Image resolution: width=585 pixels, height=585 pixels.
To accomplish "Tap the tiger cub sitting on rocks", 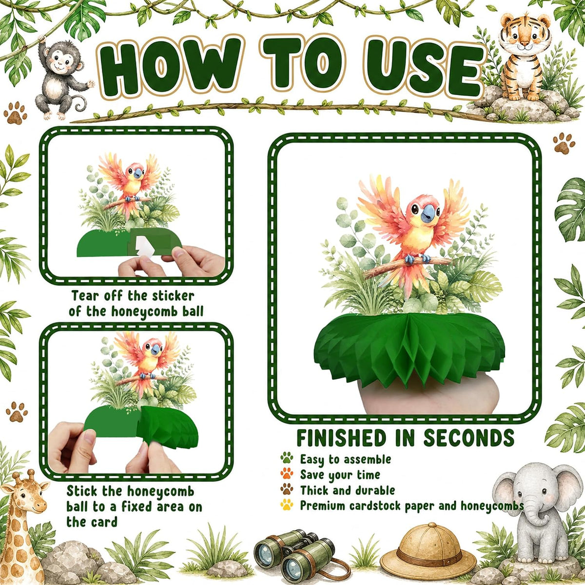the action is [524, 58].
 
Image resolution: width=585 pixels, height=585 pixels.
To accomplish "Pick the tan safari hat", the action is [428, 546].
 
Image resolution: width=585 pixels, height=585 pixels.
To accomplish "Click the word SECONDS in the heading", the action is [468, 438].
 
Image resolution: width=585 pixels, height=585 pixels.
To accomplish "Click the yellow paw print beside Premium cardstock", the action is [287, 504].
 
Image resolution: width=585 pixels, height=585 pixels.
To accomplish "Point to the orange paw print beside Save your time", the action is [287, 473].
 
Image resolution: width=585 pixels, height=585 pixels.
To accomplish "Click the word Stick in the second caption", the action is [82, 491].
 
